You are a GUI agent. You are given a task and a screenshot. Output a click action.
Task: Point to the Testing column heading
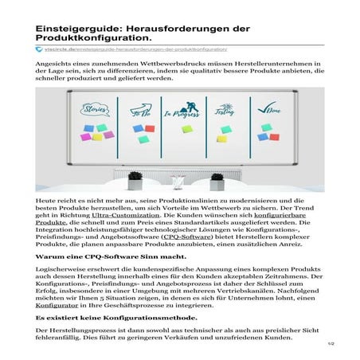(225, 112)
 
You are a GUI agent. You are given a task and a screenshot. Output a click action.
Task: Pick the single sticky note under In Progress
(186, 128)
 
